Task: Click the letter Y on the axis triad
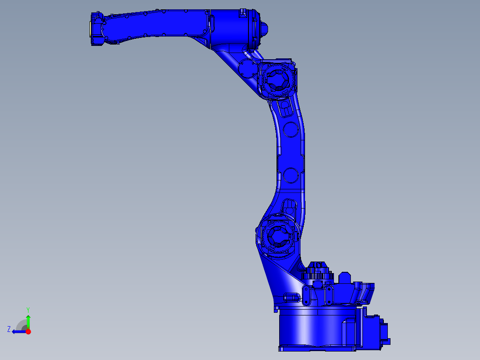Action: [28, 310]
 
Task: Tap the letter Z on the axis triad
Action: [9, 329]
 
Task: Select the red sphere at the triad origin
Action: [28, 331]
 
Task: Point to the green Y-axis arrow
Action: [28, 322]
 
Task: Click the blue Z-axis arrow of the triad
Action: [19, 331]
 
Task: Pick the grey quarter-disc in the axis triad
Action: [22, 325]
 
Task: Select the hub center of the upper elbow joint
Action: [277, 80]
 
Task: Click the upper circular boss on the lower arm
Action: [290, 129]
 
